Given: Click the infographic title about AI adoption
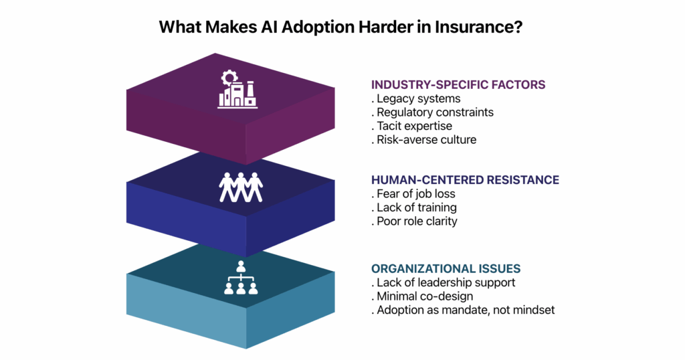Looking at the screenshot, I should (x=342, y=27).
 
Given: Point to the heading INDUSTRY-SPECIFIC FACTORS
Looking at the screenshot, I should (x=458, y=85).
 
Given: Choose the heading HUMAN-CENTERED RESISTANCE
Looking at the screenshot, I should (x=464, y=180).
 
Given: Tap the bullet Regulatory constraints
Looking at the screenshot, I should (x=434, y=112).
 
